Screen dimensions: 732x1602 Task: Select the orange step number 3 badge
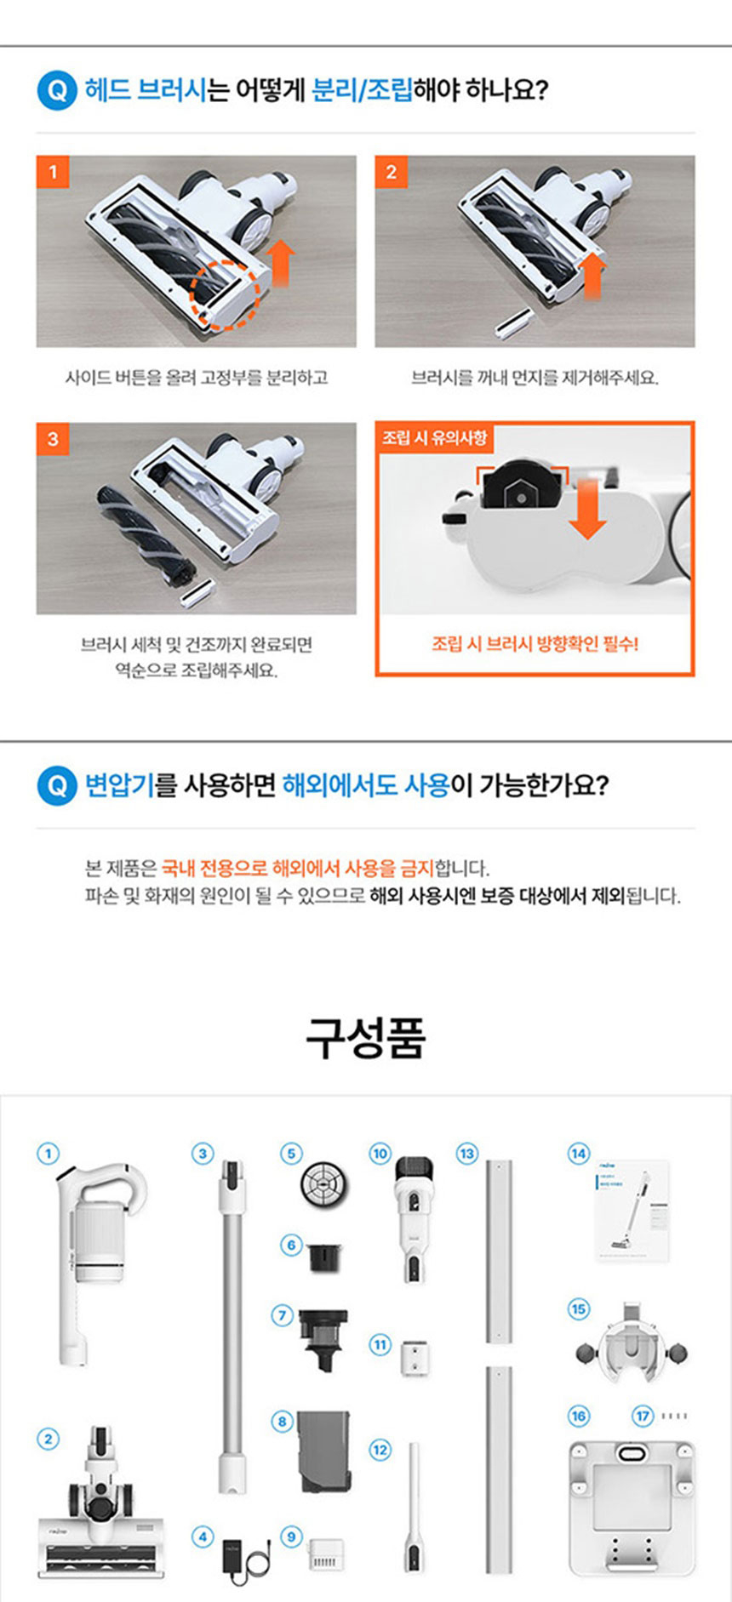[52, 438]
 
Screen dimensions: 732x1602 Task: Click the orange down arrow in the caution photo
[587, 508]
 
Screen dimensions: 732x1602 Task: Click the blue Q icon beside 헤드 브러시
[57, 90]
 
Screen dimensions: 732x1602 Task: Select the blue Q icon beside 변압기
[57, 785]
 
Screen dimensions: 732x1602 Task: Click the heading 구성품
[366, 1038]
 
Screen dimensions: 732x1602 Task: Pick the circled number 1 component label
[48, 1154]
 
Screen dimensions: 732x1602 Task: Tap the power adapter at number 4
[248, 1560]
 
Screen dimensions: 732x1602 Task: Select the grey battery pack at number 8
[323, 1451]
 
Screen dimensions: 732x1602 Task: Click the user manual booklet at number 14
[631, 1211]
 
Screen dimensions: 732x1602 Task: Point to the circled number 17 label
[643, 1416]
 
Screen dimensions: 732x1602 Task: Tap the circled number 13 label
[466, 1154]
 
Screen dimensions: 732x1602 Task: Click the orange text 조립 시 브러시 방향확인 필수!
[535, 644]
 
